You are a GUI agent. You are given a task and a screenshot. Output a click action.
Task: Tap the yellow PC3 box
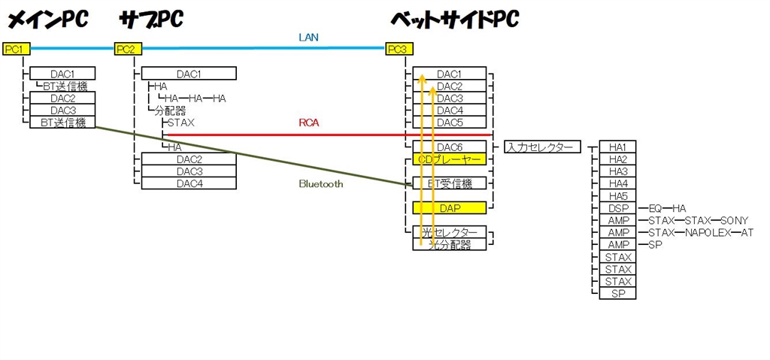pos(398,50)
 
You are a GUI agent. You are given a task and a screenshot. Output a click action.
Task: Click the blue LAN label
pos(308,37)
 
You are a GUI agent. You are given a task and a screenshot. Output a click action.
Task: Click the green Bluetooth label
pos(320,183)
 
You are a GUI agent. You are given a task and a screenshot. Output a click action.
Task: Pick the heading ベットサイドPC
pos(454,19)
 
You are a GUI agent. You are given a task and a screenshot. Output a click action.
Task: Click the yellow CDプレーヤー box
pos(449,159)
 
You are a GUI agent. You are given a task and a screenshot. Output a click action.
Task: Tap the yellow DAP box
pos(449,207)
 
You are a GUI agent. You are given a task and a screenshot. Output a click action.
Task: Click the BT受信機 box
pos(449,183)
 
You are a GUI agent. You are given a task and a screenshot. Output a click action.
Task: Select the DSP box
pos(618,208)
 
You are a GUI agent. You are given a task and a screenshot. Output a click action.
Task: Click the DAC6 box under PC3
pos(449,147)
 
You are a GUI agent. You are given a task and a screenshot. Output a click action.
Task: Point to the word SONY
pos(734,220)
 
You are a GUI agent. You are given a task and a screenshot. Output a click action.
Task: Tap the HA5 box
pos(618,195)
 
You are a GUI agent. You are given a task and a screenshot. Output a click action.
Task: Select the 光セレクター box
pos(449,232)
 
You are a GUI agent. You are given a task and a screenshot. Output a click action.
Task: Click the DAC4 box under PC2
pos(189,183)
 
